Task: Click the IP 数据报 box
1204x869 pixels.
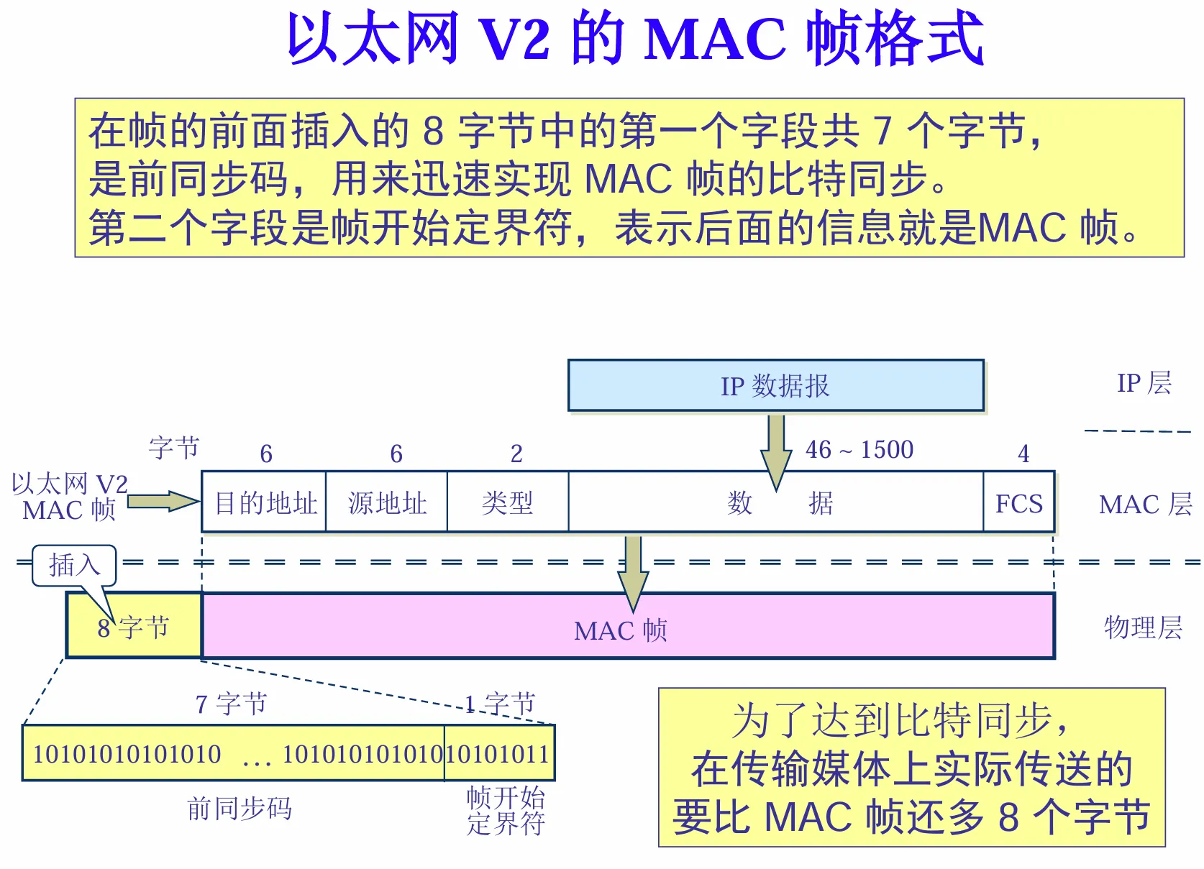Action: coord(775,386)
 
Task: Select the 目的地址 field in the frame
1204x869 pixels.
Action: coord(265,502)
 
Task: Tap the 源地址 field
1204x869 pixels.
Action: coord(387,502)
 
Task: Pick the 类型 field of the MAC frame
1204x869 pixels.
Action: coord(507,502)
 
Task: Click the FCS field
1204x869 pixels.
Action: coord(1018,502)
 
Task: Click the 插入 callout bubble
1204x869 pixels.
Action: coord(74,565)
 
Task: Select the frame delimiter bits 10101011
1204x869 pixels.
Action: coord(499,754)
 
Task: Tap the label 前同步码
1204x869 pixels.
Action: coord(239,809)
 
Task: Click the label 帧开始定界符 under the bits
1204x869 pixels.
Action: coord(506,810)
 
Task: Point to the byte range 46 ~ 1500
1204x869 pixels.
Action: coord(859,450)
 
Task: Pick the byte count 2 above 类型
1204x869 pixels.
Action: coord(516,454)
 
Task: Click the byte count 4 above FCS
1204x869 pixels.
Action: coord(1023,454)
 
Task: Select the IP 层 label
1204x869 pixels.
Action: coord(1144,383)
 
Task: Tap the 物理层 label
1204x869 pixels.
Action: coord(1143,627)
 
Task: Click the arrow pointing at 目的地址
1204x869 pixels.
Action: coord(163,501)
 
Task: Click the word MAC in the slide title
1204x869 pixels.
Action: coord(715,39)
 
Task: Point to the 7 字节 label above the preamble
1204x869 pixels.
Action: coord(231,704)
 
